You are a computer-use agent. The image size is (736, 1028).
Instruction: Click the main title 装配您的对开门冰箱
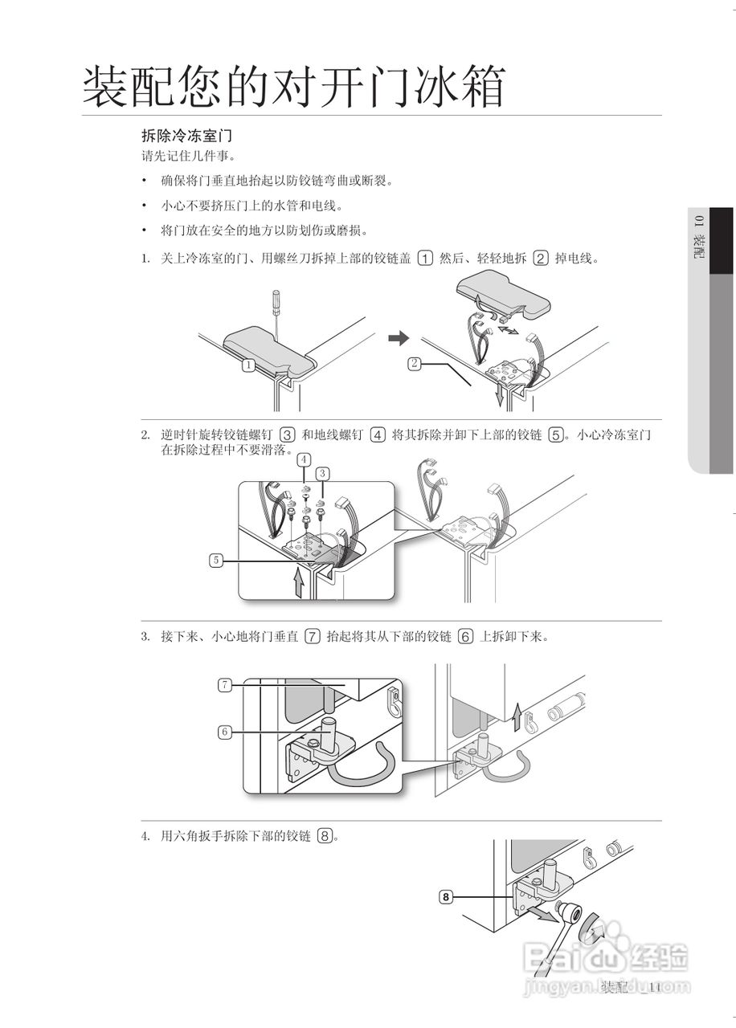coord(294,87)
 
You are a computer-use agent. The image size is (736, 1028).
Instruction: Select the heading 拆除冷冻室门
coord(186,137)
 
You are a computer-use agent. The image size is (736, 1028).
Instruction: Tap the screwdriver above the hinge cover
coord(275,310)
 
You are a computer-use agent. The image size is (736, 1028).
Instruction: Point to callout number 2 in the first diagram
coord(414,363)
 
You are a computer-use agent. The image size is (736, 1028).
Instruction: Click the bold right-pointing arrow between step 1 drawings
coord(398,339)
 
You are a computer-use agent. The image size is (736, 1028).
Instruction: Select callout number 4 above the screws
coord(304,459)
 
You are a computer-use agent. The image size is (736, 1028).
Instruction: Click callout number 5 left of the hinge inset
coord(216,561)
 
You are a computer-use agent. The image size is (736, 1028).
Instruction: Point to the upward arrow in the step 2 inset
coord(300,581)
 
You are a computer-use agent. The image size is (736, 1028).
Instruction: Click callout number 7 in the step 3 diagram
coord(225,685)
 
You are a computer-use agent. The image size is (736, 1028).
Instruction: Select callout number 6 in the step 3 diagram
coord(225,732)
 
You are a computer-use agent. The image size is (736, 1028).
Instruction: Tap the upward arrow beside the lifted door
coord(518,715)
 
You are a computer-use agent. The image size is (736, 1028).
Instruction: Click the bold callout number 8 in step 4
coord(447,896)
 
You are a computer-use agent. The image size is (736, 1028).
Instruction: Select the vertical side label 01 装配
coord(698,237)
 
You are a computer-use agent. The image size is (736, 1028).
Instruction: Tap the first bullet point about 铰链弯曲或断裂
coord(277,181)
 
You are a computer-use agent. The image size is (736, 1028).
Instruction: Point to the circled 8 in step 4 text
coord(325,836)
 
